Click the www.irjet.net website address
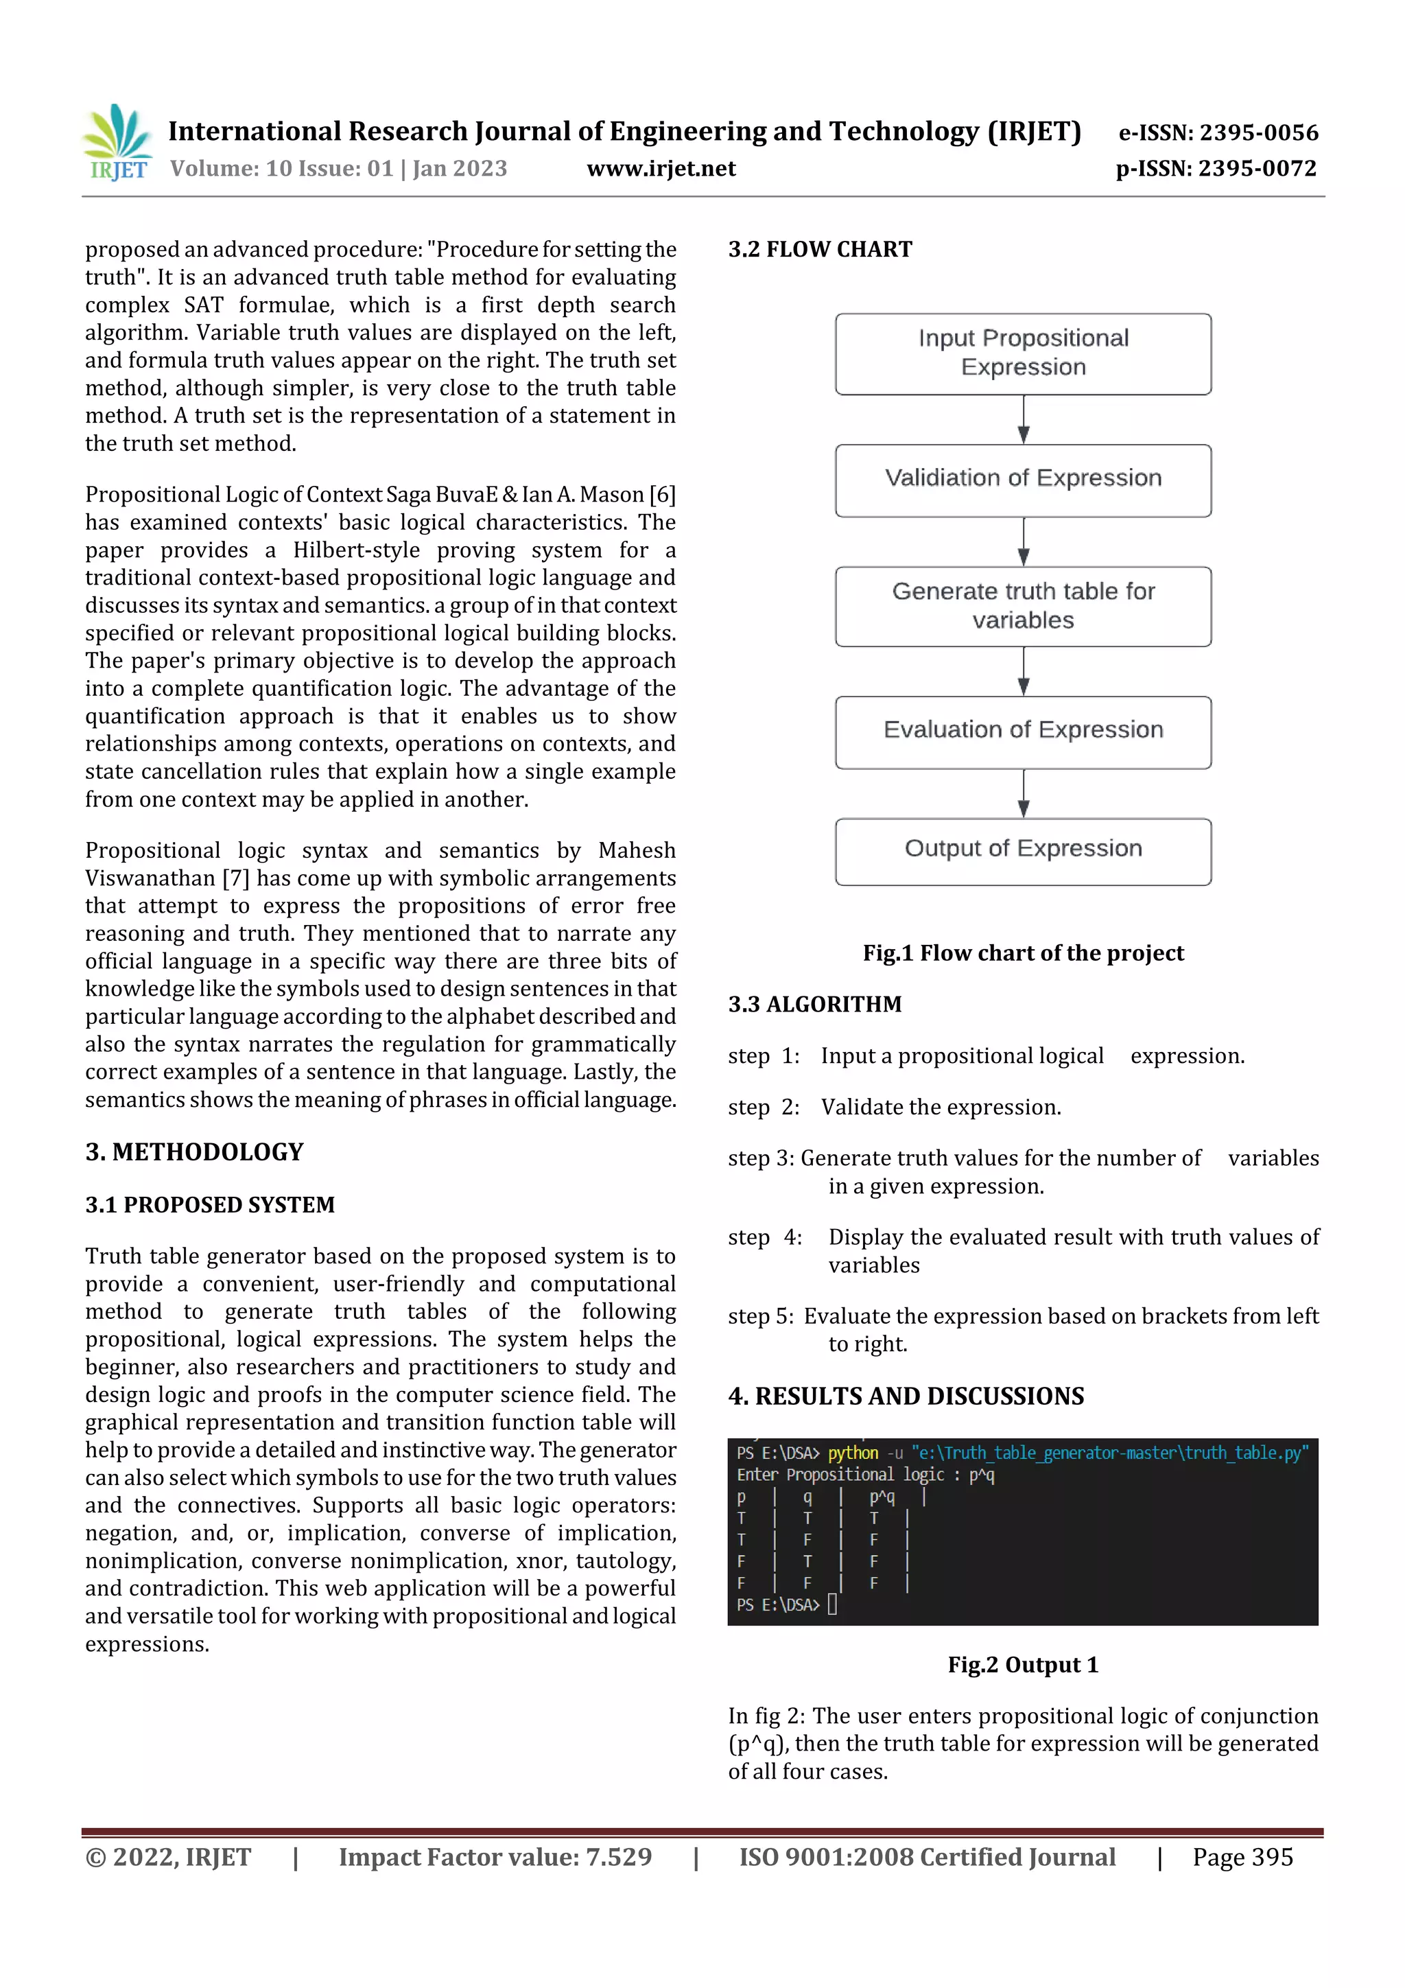661,169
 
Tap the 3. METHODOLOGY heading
194,1151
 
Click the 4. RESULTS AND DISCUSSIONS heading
906,1396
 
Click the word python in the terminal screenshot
853,1453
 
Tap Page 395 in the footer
1242,1856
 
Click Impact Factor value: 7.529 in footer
495,1856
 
